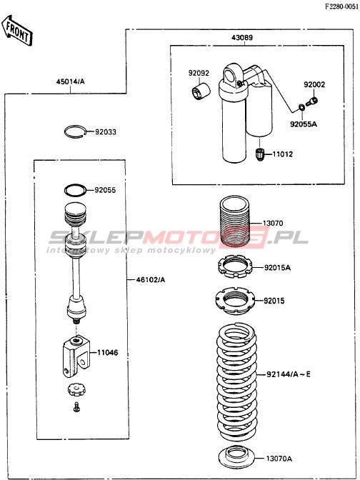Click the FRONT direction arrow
17,30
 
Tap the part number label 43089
242,38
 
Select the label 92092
199,73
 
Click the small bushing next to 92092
201,91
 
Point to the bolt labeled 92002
312,101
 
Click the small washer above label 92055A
301,107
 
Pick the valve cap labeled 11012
260,154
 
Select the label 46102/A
149,280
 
